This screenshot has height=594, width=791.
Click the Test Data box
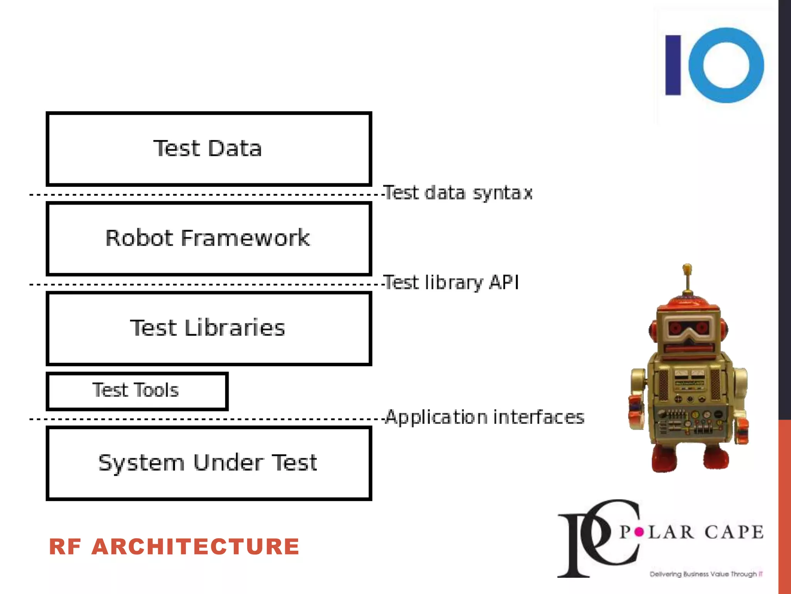click(209, 149)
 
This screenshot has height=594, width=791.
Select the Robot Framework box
click(209, 238)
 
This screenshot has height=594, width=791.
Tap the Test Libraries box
click(209, 328)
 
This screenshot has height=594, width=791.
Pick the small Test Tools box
click(137, 391)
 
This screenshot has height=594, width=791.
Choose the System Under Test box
click(209, 463)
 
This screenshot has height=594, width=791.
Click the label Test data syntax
click(458, 193)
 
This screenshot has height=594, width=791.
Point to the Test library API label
click(451, 282)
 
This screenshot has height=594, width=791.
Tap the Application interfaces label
click(484, 417)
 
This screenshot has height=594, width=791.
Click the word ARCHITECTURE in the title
click(195, 547)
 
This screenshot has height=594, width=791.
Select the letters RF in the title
click(65, 547)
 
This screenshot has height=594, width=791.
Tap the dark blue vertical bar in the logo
click(673, 65)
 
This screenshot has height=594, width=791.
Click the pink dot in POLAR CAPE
click(639, 533)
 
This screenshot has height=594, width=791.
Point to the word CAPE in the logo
click(733, 533)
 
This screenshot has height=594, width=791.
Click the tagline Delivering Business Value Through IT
click(706, 574)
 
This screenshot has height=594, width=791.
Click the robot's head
click(688, 329)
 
